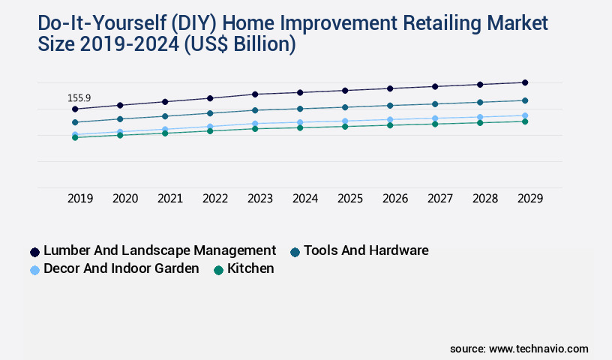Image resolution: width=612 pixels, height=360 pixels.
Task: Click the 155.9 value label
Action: tap(79, 98)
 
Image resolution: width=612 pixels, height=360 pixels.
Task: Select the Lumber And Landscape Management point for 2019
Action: tap(75, 109)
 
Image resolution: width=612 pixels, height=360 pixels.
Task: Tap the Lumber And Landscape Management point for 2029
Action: tap(525, 82)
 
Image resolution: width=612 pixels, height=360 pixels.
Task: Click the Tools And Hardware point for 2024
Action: tap(300, 109)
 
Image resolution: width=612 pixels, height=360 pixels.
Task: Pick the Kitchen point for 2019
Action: tap(75, 137)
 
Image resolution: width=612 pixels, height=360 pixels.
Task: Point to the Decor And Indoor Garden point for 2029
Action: tap(525, 115)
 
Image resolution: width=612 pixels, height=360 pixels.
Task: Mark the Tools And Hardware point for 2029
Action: tap(525, 100)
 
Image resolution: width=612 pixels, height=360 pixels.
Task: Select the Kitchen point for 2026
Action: tap(390, 125)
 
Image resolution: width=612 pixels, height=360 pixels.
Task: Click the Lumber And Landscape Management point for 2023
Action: tap(255, 94)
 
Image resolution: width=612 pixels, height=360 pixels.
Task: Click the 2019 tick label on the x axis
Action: tap(80, 199)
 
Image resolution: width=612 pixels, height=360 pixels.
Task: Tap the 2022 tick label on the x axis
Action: tap(215, 199)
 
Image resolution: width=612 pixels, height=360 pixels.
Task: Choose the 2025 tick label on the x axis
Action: tap(350, 199)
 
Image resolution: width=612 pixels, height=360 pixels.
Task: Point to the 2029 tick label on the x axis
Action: tap(530, 199)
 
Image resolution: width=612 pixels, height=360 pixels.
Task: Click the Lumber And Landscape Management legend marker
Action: tap(34, 252)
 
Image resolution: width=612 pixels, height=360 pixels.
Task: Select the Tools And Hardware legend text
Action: tap(366, 250)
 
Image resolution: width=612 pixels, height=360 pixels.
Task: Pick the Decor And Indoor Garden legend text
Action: tap(121, 268)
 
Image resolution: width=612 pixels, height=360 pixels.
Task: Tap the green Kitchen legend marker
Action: tap(218, 270)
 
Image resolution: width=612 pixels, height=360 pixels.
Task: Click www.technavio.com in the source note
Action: tap(538, 349)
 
